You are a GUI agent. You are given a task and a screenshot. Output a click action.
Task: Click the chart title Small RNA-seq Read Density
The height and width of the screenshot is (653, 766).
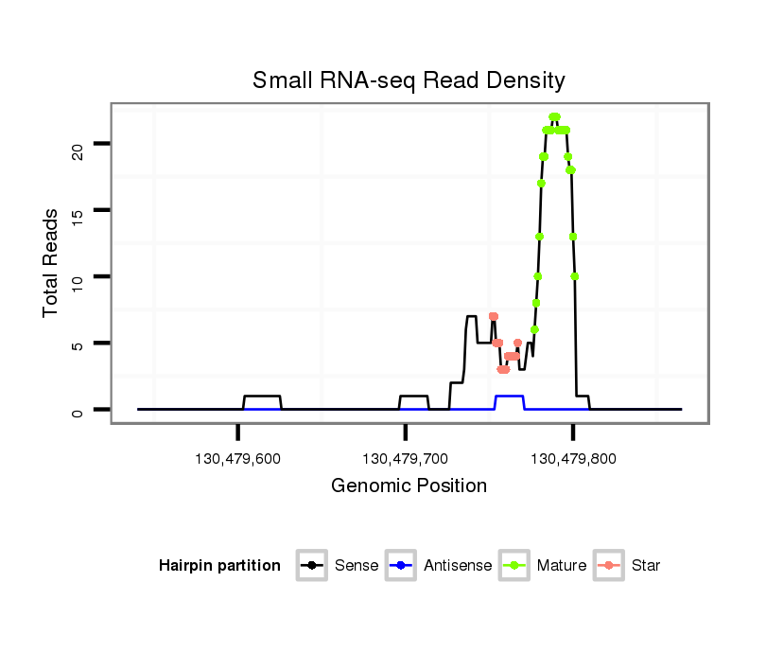pos(409,80)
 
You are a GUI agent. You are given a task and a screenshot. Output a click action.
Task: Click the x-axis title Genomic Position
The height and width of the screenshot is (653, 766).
pos(409,486)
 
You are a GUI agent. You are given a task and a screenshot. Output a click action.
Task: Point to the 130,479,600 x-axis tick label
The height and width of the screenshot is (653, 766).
pos(236,459)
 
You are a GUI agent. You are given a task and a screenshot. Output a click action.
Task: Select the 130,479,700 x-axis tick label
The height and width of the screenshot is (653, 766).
pos(405,459)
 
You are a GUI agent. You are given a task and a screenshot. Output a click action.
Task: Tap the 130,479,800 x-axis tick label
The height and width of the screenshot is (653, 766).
pos(573,459)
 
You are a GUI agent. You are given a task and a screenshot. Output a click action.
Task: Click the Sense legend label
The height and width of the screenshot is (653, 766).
pos(357,566)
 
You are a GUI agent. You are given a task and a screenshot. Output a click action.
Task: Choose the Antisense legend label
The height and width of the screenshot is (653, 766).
pos(457,566)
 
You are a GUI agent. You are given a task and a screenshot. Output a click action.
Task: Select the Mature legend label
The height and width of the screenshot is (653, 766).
pos(561,566)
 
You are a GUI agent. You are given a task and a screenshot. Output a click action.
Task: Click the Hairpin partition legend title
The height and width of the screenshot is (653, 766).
pos(219,566)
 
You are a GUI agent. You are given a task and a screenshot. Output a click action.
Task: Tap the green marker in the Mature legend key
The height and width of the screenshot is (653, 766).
pos(515,566)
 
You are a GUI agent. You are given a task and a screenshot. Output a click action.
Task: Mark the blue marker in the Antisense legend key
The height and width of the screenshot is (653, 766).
pos(402,566)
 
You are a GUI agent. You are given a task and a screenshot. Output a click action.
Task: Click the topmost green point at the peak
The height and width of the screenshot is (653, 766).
pos(554,116)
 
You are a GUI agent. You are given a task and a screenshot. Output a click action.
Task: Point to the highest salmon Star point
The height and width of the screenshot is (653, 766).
pos(493,316)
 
